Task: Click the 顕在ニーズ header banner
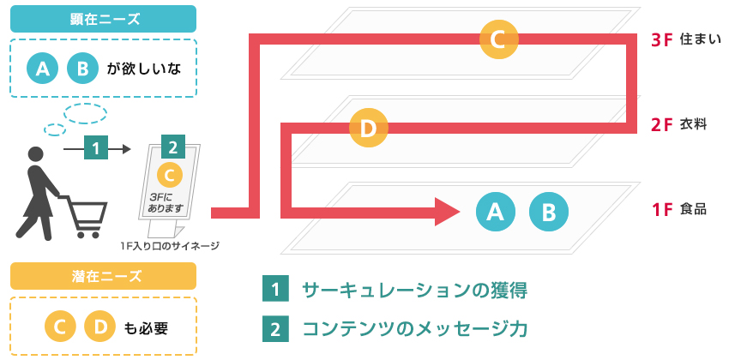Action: pyautogui.click(x=103, y=18)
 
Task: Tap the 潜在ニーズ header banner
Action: pyautogui.click(x=103, y=275)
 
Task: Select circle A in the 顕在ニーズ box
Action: pyautogui.click(x=42, y=69)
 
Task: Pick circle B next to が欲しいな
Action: pyautogui.click(x=82, y=69)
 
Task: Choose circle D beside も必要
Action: pyautogui.click(x=99, y=327)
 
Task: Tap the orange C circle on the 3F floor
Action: pyautogui.click(x=499, y=39)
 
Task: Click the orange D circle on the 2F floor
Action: pyautogui.click(x=369, y=129)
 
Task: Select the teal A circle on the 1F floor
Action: pyautogui.click(x=495, y=211)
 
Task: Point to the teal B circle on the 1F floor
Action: pyautogui.click(x=549, y=211)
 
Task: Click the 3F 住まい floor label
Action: pyautogui.click(x=685, y=39)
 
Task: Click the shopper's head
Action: pyautogui.click(x=35, y=155)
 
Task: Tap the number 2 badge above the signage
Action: pyautogui.click(x=173, y=147)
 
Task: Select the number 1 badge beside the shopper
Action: pyautogui.click(x=96, y=148)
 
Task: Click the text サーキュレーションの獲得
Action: pyautogui.click(x=414, y=290)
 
